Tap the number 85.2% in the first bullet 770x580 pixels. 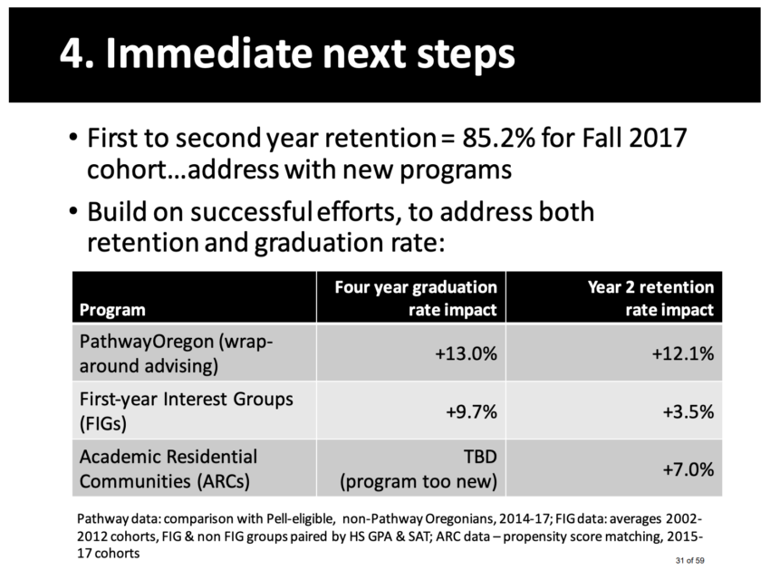click(498, 138)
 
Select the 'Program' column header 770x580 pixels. click(112, 310)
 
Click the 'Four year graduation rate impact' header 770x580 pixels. click(416, 298)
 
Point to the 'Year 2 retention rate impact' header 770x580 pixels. click(650, 298)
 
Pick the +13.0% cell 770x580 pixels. click(466, 353)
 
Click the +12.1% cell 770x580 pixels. click(683, 353)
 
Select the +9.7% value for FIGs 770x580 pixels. click(471, 411)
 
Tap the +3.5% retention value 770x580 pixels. click(688, 411)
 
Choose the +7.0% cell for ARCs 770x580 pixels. click(688, 469)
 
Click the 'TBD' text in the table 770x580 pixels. click(481, 458)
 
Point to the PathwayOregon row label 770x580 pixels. click(176, 353)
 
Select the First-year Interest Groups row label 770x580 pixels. click(186, 411)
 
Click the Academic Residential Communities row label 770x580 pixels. click(168, 469)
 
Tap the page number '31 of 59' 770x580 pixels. click(690, 560)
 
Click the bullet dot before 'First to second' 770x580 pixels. click(73, 137)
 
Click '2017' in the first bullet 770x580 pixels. click(658, 138)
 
